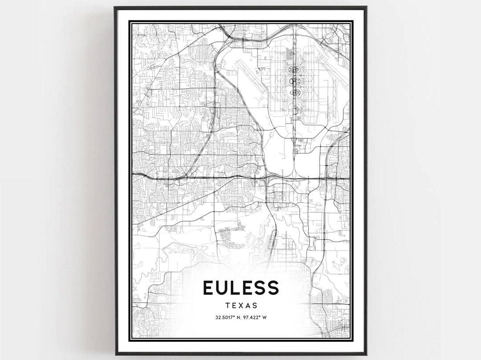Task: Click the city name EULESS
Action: click(x=241, y=288)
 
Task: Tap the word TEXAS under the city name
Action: click(x=241, y=306)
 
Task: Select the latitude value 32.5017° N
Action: click(x=229, y=318)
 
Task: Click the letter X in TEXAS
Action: click(x=241, y=306)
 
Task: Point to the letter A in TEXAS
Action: click(x=248, y=306)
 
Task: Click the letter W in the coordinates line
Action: click(x=265, y=318)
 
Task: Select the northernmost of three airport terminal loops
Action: click(x=294, y=69)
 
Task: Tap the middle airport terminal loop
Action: click(x=294, y=81)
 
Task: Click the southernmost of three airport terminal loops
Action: click(x=294, y=92)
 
